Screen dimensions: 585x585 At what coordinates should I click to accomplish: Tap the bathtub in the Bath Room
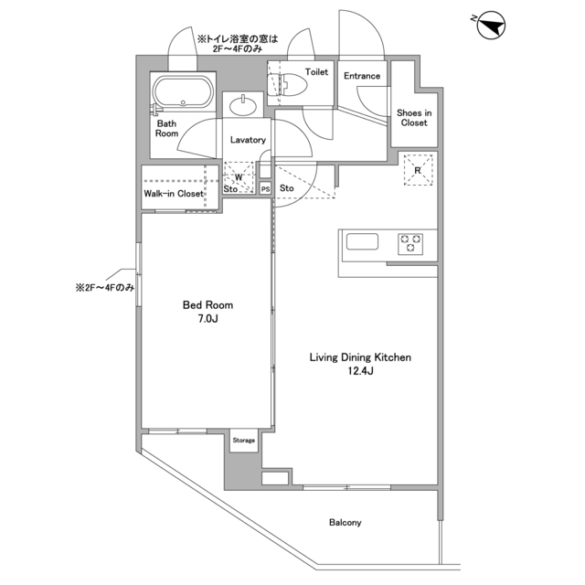(183, 93)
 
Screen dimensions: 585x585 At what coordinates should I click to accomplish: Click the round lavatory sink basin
(244, 107)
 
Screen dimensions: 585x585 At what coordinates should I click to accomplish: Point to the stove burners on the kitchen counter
(409, 243)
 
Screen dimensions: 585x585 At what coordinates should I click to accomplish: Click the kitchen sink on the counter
(361, 242)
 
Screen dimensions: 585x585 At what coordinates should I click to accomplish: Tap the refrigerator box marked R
(417, 171)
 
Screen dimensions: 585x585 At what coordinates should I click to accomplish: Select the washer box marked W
(239, 178)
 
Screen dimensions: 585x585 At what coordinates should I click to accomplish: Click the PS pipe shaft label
(265, 189)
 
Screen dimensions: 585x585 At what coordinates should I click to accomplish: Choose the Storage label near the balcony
(243, 441)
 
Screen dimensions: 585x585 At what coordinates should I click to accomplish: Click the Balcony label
(345, 523)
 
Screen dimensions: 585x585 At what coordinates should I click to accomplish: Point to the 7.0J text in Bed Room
(208, 320)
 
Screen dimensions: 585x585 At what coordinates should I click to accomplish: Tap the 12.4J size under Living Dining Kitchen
(358, 372)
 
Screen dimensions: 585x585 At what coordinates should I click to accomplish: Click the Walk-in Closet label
(173, 194)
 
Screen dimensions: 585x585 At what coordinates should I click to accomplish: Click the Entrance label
(362, 76)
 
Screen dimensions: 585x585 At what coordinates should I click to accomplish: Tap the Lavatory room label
(247, 140)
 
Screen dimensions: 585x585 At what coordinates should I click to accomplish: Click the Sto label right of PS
(287, 188)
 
